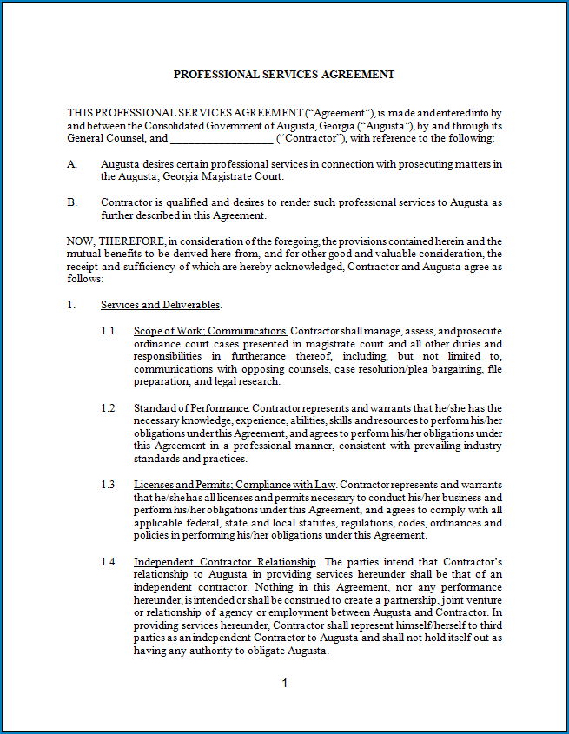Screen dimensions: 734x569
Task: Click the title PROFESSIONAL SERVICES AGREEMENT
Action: point(284,75)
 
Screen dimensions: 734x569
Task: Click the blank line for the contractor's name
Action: point(221,138)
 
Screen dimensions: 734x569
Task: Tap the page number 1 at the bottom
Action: point(284,684)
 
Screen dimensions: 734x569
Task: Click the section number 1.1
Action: point(108,331)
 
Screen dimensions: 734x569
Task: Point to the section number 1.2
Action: point(108,408)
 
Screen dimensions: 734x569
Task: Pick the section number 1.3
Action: point(108,485)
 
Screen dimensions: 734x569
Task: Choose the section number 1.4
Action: point(108,562)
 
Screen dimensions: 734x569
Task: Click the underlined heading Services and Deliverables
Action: point(161,305)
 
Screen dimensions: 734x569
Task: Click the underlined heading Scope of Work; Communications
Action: point(210,331)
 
